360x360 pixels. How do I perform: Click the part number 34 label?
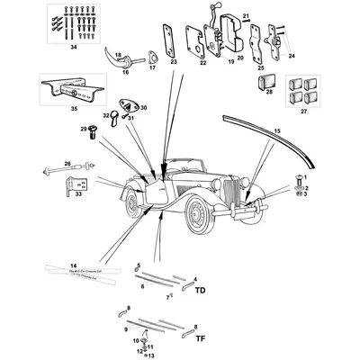(73, 46)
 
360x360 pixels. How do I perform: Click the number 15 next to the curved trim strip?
(276, 132)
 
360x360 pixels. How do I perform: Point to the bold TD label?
(200, 291)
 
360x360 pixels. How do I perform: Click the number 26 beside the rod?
(67, 163)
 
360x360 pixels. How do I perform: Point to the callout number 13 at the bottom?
(138, 355)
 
